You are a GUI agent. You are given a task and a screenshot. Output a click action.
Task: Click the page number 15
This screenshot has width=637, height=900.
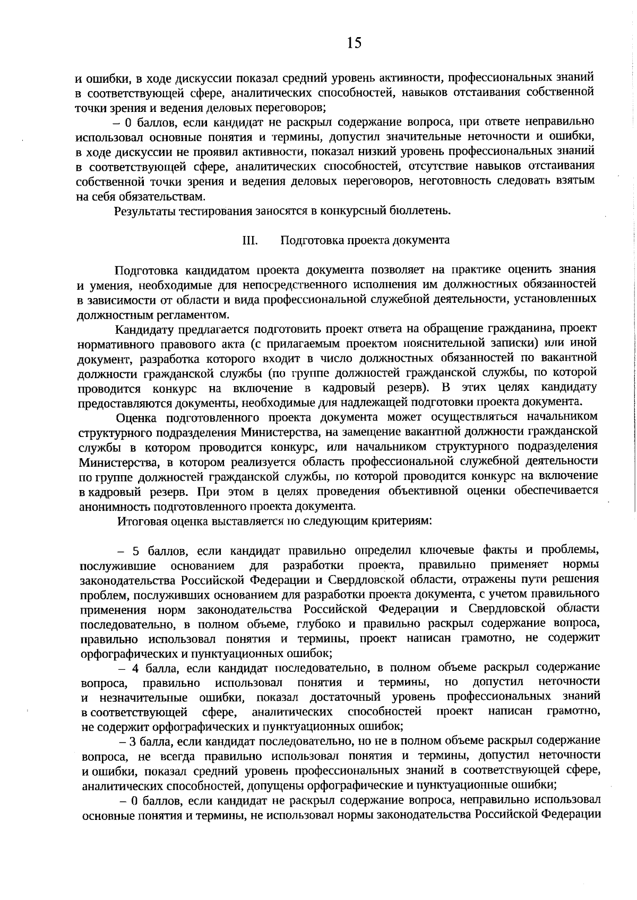point(354,43)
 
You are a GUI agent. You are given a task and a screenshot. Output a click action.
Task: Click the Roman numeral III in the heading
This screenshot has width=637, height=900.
point(250,240)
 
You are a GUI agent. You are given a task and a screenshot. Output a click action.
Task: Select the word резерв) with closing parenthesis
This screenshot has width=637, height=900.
point(406,387)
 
